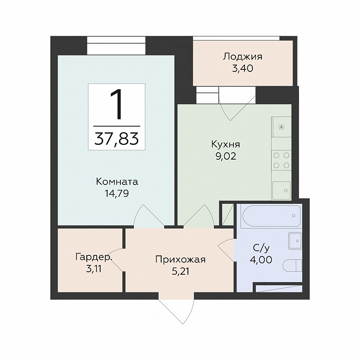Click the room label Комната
(x=117, y=182)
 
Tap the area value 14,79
(x=117, y=193)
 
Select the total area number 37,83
(x=117, y=139)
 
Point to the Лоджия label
(x=242, y=57)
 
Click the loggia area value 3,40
(x=242, y=68)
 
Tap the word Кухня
(x=226, y=145)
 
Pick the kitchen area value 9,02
(x=226, y=156)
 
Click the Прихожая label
(x=180, y=260)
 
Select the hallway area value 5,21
(x=180, y=272)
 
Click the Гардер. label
(x=94, y=257)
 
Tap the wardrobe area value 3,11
(x=94, y=269)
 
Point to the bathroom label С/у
(x=261, y=248)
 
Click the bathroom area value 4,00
(x=261, y=260)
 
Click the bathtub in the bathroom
(x=271, y=216)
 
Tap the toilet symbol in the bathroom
(x=292, y=266)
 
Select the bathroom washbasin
(x=295, y=240)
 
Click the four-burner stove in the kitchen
(x=281, y=160)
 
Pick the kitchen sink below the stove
(x=281, y=190)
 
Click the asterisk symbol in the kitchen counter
(x=281, y=127)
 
